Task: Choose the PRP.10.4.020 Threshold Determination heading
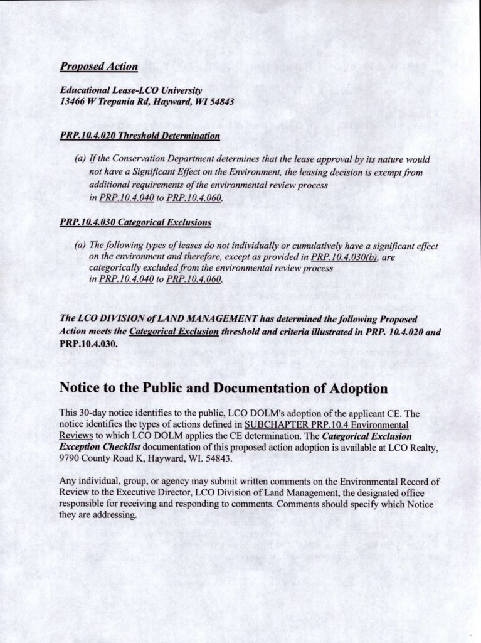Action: (x=140, y=136)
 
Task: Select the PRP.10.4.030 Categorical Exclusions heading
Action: (x=135, y=222)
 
